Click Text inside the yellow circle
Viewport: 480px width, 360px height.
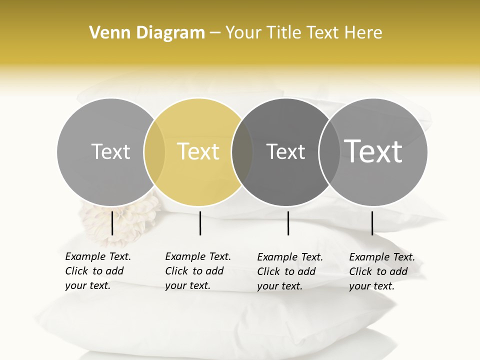(x=198, y=151)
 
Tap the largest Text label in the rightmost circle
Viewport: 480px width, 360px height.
(x=373, y=151)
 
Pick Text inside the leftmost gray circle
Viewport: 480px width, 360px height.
(x=110, y=151)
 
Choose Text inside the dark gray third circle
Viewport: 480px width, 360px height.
(x=285, y=151)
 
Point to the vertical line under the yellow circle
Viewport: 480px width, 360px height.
(x=200, y=223)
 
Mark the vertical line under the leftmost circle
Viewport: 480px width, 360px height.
(x=112, y=223)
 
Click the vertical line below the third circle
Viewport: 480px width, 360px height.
(x=288, y=223)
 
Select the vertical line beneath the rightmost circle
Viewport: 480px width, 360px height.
(x=372, y=223)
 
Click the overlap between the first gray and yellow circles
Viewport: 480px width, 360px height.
(x=154, y=152)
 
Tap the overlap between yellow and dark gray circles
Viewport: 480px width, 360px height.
(x=242, y=152)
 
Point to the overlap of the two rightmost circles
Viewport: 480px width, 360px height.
(x=329, y=152)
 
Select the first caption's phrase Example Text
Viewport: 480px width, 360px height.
(x=98, y=256)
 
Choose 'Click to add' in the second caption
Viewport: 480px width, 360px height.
(x=194, y=271)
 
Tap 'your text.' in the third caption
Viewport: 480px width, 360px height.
(x=279, y=286)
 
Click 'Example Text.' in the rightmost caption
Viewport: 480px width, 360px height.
(x=382, y=257)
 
